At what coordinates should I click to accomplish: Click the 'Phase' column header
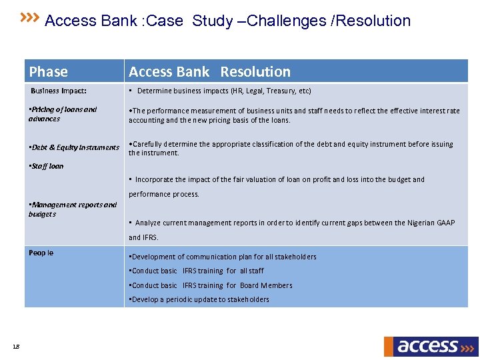coord(49,72)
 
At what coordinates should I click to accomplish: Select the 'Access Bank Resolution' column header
coord(209,72)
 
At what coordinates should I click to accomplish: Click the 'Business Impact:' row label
coord(59,91)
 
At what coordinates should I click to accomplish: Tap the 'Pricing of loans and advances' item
coord(63,114)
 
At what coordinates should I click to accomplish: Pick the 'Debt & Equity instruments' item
coord(74,147)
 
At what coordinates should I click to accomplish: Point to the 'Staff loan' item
coord(47,166)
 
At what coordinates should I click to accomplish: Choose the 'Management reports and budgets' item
coord(72,209)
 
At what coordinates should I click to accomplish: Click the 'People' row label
coord(41,253)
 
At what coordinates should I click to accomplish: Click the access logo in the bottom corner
coord(431,346)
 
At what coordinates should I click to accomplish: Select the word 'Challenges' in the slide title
coord(290,21)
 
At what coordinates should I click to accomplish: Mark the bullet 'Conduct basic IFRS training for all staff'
coord(197,271)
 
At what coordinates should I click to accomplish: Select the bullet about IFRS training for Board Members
coord(211,285)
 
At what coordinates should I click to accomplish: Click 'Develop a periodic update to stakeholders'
coord(200,299)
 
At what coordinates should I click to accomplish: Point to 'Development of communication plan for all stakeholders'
coord(223,257)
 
